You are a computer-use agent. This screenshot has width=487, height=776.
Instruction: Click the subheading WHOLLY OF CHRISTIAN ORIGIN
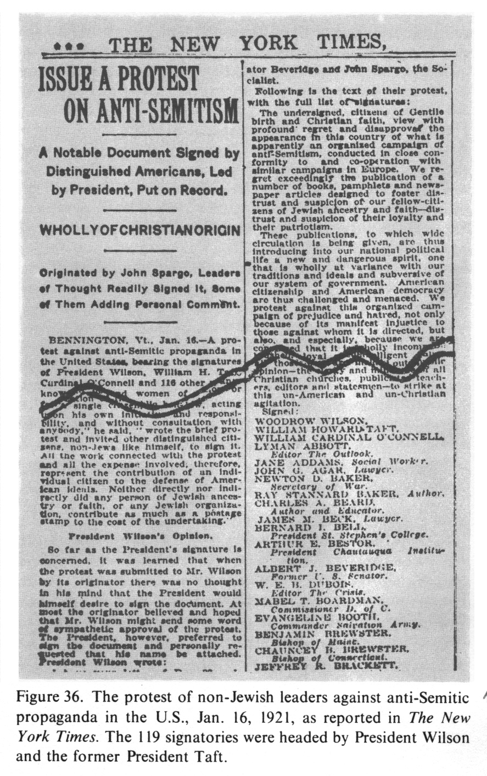pos(139,229)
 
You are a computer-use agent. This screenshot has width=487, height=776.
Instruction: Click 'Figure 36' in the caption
pos(42,698)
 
